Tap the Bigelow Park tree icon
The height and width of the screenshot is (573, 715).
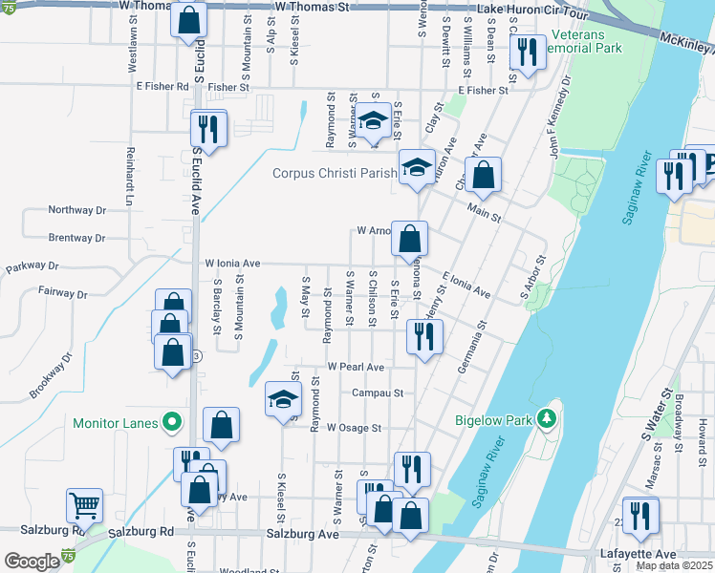point(547,417)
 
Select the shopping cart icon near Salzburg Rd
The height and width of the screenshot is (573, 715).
point(84,505)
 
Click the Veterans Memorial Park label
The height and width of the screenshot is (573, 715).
point(585,41)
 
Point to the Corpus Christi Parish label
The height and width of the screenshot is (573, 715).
point(335,173)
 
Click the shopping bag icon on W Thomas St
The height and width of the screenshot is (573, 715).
point(188,18)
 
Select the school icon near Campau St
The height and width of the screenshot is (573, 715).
point(283,398)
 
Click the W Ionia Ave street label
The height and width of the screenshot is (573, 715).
point(232,263)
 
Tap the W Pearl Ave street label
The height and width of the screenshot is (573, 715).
point(355,367)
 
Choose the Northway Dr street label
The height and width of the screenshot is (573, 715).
point(76,210)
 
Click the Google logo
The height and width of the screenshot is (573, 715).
point(32,561)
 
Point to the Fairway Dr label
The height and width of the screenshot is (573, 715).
point(63,290)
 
